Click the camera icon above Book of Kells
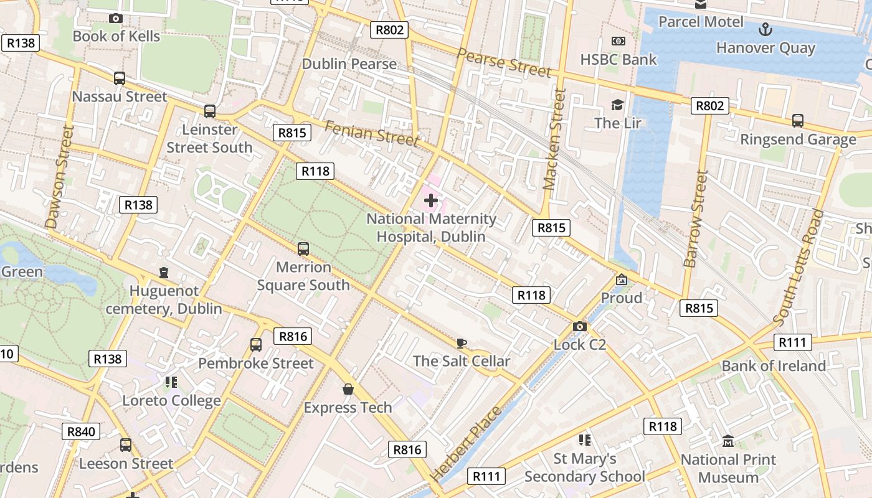point(115,19)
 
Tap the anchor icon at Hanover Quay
point(765,29)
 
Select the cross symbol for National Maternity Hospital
point(430,200)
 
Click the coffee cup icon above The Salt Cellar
point(461,343)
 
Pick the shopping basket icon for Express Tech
point(348,390)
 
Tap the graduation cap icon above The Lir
point(617,105)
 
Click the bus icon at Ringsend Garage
point(798,121)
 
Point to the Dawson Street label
point(60,176)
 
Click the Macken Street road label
point(554,139)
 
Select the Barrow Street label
point(696,219)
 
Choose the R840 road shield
point(82,431)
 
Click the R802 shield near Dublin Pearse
point(389,29)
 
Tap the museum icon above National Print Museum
point(727,441)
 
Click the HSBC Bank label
point(618,59)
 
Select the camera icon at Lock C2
point(579,326)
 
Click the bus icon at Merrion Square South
point(303,249)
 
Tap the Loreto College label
point(171,400)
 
